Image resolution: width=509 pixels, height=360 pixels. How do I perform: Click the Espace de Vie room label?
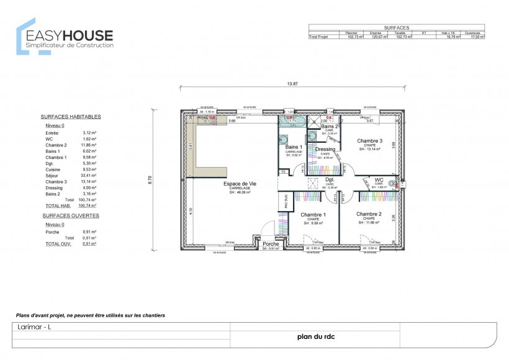(x=240, y=184)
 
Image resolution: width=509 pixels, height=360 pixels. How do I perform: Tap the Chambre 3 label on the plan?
(x=369, y=141)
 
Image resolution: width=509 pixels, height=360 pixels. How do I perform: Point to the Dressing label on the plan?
(x=325, y=149)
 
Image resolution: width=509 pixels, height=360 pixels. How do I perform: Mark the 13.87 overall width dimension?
(x=292, y=84)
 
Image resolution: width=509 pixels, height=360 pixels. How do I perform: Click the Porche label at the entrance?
(x=271, y=244)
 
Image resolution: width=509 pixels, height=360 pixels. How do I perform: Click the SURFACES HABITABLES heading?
(x=71, y=116)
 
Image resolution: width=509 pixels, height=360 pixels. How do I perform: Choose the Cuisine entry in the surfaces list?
(x=53, y=169)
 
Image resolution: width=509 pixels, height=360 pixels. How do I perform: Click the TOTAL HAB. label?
(x=57, y=205)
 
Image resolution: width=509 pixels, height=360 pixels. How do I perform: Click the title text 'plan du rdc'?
(x=314, y=336)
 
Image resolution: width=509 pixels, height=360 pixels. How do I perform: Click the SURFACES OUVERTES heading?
(x=70, y=215)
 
